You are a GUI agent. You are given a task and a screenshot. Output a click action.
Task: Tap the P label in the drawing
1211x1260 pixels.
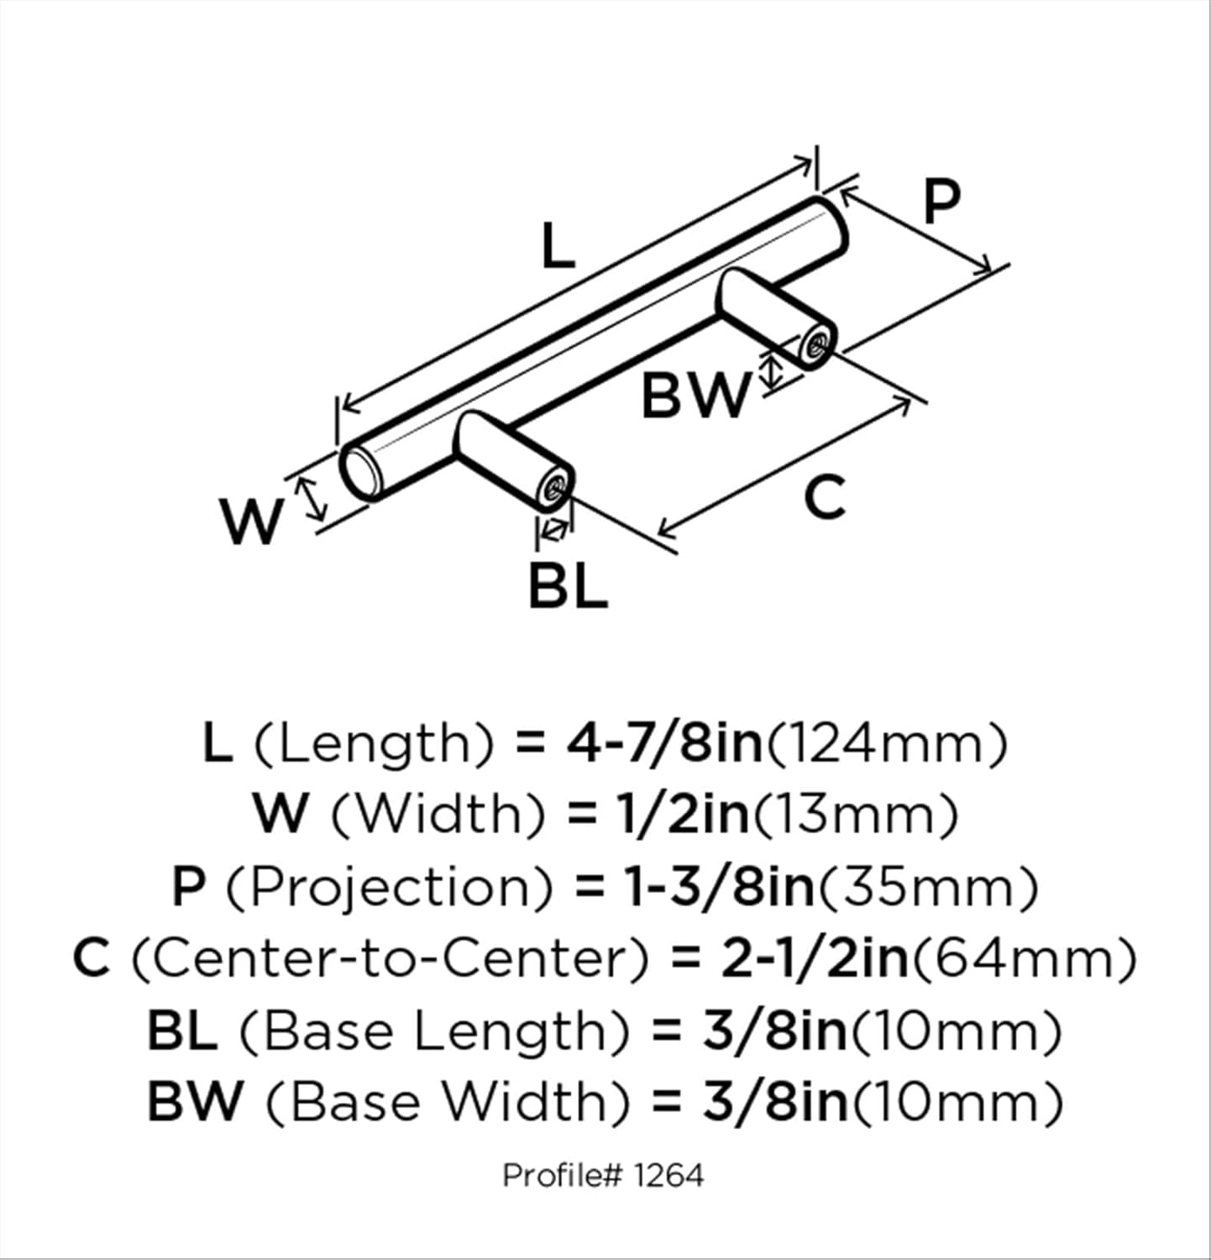[x=941, y=202]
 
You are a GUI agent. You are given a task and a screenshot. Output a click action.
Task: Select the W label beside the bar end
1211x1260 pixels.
[x=251, y=521]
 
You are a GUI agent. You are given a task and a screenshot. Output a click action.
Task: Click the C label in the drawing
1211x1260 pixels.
[x=823, y=497]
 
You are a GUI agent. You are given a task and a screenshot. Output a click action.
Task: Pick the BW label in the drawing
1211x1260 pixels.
[x=695, y=396]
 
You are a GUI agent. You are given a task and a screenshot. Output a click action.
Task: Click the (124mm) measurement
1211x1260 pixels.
[x=887, y=743]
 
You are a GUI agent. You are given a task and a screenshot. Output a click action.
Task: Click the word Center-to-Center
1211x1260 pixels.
[x=391, y=958]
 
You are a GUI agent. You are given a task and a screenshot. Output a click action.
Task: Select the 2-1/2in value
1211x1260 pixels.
[x=815, y=958]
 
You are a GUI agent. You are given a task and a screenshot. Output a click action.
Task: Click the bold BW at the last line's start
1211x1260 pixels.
[x=195, y=1101]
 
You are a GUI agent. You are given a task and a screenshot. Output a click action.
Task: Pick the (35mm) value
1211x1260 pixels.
[x=928, y=886]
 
